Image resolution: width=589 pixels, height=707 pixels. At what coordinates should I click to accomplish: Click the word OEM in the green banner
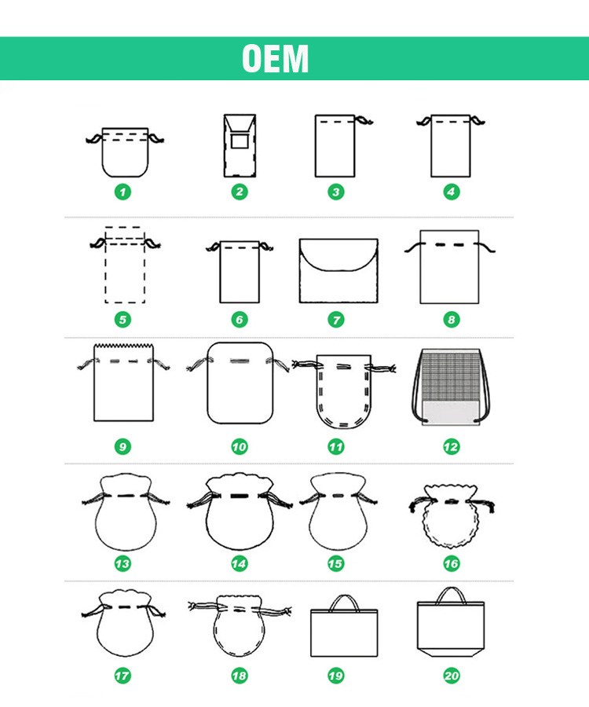(276, 59)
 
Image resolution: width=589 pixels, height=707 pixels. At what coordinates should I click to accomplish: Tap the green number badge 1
(123, 192)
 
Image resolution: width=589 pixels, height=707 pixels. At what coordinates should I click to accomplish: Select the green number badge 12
(451, 447)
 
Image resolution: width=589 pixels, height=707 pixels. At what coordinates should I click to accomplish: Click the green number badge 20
(451, 676)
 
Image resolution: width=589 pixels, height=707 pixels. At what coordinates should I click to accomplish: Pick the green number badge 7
(336, 321)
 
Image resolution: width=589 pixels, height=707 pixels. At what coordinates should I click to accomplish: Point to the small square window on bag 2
(240, 141)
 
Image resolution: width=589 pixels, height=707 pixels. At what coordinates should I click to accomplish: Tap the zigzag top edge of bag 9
(123, 346)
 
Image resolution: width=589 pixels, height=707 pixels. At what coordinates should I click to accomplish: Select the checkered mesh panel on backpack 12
(451, 376)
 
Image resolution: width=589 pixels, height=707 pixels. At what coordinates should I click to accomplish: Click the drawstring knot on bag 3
(364, 120)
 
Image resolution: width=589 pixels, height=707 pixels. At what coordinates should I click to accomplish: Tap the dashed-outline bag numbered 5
(125, 266)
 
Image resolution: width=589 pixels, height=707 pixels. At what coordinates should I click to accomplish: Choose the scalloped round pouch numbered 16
(451, 516)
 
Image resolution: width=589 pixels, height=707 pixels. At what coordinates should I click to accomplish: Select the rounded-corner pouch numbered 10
(240, 383)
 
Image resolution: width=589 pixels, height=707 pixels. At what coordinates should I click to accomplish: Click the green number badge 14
(239, 563)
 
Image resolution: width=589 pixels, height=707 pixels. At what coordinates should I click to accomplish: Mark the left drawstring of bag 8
(413, 247)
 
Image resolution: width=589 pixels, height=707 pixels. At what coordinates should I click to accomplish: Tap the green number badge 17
(123, 676)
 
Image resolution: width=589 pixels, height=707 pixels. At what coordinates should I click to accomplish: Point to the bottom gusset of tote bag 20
(451, 653)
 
